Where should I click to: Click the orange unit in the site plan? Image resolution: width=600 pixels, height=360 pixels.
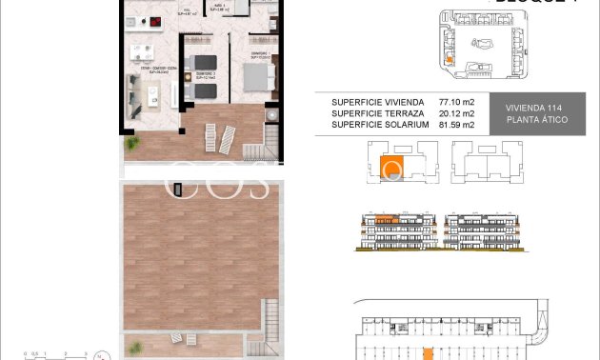point(450,61)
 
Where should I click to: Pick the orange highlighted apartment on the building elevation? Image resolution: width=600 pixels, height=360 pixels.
point(385,219)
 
